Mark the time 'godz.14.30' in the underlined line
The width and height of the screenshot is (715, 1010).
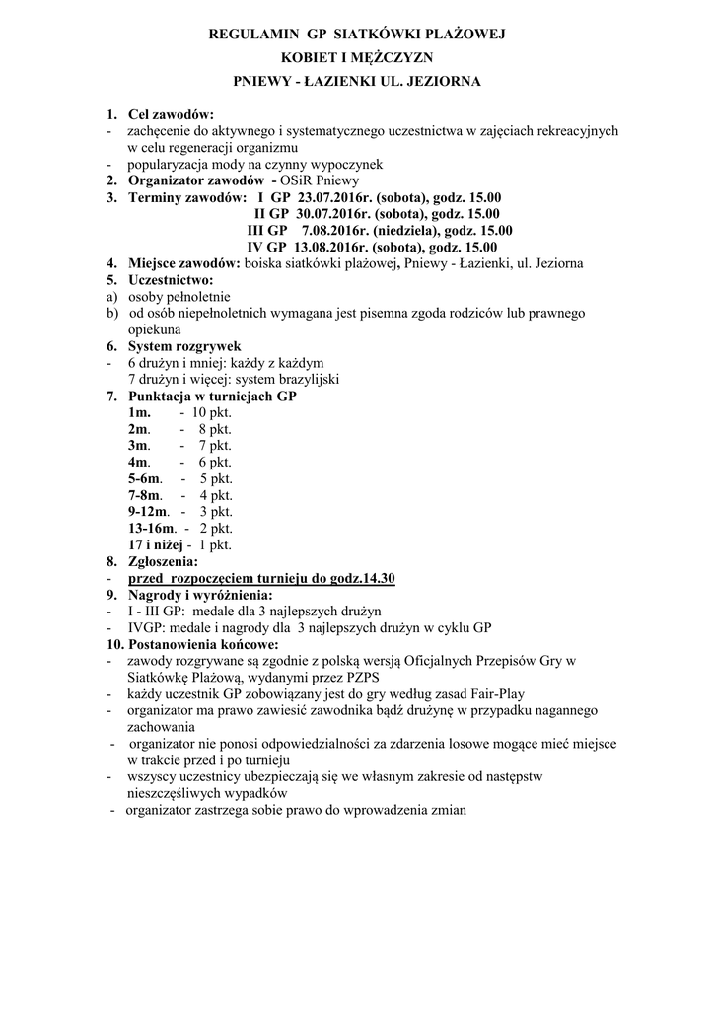(x=359, y=577)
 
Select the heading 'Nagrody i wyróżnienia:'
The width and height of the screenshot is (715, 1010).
(x=200, y=595)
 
